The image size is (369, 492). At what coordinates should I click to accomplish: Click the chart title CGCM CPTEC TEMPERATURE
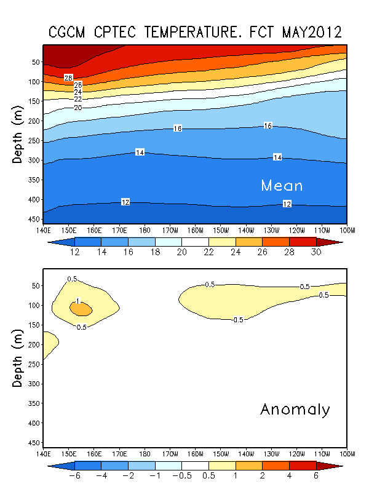(x=196, y=32)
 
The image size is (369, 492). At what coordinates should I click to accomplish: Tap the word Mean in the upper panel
(x=282, y=185)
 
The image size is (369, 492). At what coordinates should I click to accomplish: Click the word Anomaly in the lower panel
(x=295, y=410)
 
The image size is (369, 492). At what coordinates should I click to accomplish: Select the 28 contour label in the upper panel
(x=69, y=77)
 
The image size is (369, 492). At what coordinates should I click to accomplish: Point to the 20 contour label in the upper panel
(x=77, y=108)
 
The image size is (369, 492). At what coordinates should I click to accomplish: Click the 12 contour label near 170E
(x=125, y=202)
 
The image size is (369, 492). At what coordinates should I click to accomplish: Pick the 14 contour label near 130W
(x=277, y=157)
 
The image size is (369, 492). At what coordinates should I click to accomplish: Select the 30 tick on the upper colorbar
(x=316, y=252)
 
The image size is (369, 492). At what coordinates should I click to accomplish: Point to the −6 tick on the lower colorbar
(x=74, y=476)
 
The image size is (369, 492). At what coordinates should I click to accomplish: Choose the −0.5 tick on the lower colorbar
(x=181, y=476)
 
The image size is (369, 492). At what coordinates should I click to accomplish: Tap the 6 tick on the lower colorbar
(x=316, y=476)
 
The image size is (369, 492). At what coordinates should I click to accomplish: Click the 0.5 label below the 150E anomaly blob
(x=81, y=327)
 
